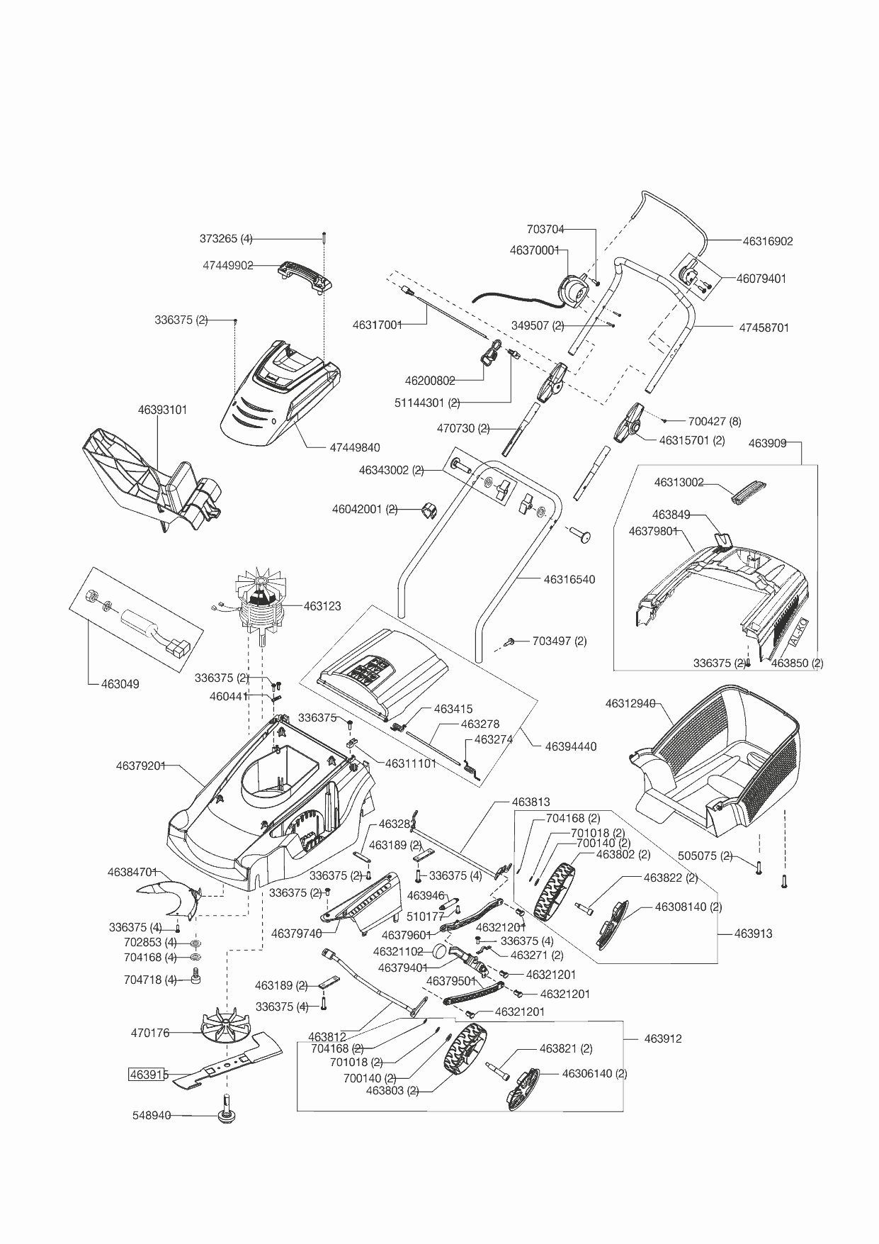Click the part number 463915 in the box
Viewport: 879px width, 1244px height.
click(148, 1075)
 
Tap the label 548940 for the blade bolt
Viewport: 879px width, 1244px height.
click(152, 1115)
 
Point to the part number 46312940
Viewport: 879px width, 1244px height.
click(630, 704)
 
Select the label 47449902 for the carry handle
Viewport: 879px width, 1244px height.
click(228, 266)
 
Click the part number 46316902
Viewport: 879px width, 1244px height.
click(768, 241)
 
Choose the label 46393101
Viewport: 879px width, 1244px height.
click(163, 410)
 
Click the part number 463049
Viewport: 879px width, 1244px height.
click(120, 684)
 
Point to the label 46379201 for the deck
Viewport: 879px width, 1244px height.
click(141, 766)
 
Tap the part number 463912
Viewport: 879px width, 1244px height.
click(663, 1038)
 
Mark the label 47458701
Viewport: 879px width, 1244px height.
click(764, 328)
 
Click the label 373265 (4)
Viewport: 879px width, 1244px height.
click(226, 239)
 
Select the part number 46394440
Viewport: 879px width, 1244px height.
click(571, 746)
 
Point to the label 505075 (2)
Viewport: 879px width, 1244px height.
click(705, 856)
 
